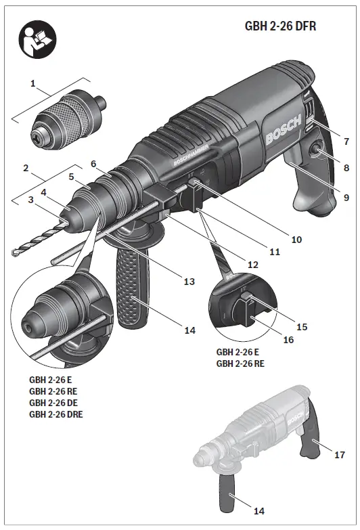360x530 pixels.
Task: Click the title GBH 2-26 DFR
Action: (280, 26)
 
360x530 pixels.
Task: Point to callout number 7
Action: (346, 141)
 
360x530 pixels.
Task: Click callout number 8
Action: (346, 167)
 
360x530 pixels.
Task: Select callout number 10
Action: (296, 239)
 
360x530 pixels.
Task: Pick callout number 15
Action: (302, 326)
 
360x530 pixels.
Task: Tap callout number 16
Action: (288, 340)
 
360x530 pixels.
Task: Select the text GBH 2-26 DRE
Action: (57, 414)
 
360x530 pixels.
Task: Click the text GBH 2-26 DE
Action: (54, 402)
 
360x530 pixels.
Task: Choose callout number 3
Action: (31, 200)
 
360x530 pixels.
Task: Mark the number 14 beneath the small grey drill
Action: (258, 510)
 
